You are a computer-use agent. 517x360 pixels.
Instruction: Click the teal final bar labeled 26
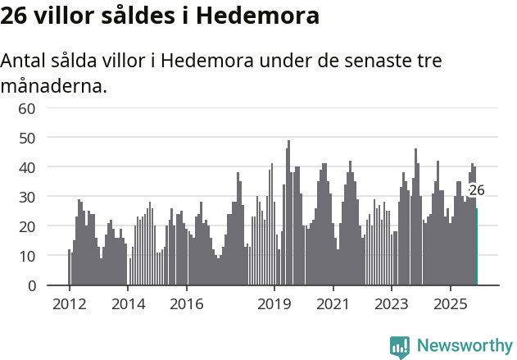point(477,247)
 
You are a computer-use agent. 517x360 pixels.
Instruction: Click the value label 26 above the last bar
point(477,190)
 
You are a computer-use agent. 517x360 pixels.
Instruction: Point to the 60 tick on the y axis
point(27,108)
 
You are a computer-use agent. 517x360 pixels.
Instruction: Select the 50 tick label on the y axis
point(27,138)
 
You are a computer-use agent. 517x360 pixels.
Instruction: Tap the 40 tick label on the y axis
point(27,167)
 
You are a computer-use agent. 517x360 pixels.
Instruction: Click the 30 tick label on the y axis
point(27,197)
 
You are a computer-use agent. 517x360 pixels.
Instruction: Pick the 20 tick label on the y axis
point(27,226)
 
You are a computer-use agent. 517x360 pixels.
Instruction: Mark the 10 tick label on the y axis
point(27,256)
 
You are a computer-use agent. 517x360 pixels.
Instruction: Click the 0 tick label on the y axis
point(31,285)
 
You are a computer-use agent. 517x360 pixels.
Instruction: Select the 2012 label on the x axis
point(69,303)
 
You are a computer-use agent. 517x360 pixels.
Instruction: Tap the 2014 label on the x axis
point(128,303)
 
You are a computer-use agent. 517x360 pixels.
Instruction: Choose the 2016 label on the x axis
point(187,303)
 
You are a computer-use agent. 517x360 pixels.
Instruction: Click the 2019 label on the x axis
point(274,303)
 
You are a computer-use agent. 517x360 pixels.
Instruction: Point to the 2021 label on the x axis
point(333,303)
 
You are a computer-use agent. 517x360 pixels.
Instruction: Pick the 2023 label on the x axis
point(392,303)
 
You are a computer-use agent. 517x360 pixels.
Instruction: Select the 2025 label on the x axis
point(451,303)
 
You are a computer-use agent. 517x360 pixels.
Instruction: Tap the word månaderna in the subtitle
point(54,85)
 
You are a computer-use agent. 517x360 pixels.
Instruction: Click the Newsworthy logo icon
point(400,346)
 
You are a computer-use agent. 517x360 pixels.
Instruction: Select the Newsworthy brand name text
point(464,346)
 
